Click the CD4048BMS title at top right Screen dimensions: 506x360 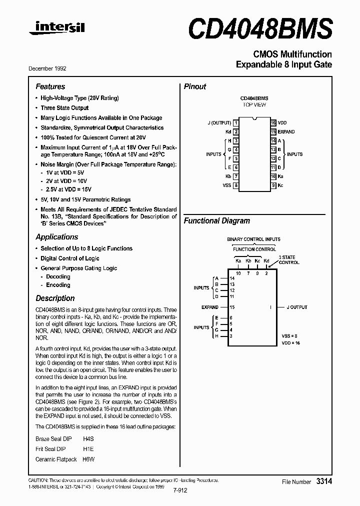260,27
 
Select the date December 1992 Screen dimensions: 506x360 50,68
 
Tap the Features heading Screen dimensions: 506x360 50,86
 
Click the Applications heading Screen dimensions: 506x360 56,237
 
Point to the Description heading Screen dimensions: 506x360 55,298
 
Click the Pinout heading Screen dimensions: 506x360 195,86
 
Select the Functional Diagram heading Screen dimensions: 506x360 216,220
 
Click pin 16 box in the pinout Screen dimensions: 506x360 273,122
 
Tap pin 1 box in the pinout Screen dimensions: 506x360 236,122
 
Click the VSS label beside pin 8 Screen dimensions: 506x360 226,185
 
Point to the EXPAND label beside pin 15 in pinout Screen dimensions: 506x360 286,131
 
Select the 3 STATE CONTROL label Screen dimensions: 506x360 288,259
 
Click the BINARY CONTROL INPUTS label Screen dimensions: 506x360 253,239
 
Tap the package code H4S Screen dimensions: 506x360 88,438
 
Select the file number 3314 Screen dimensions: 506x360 323,481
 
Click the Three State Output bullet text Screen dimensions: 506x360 64,108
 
